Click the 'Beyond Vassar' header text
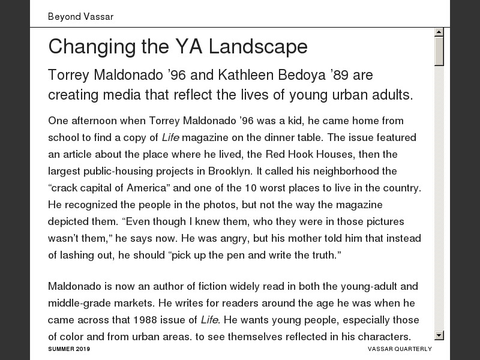pyautogui.click(x=80, y=17)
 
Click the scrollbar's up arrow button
pyautogui.click(x=439, y=32)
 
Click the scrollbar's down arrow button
pyautogui.click(x=439, y=335)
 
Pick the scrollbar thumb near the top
pyautogui.click(x=439, y=50)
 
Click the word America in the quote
pyautogui.click(x=141, y=188)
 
